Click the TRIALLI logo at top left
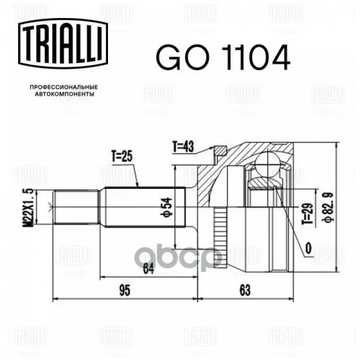pyautogui.click(x=63, y=43)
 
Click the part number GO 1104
pyautogui.click(x=223, y=58)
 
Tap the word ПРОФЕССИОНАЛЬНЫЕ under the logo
pyautogui.click(x=64, y=87)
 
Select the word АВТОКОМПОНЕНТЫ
pyautogui.click(x=65, y=94)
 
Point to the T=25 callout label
pyautogui.click(x=122, y=157)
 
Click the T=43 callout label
pyautogui.click(x=183, y=146)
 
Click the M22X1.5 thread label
pyautogui.click(x=28, y=208)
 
